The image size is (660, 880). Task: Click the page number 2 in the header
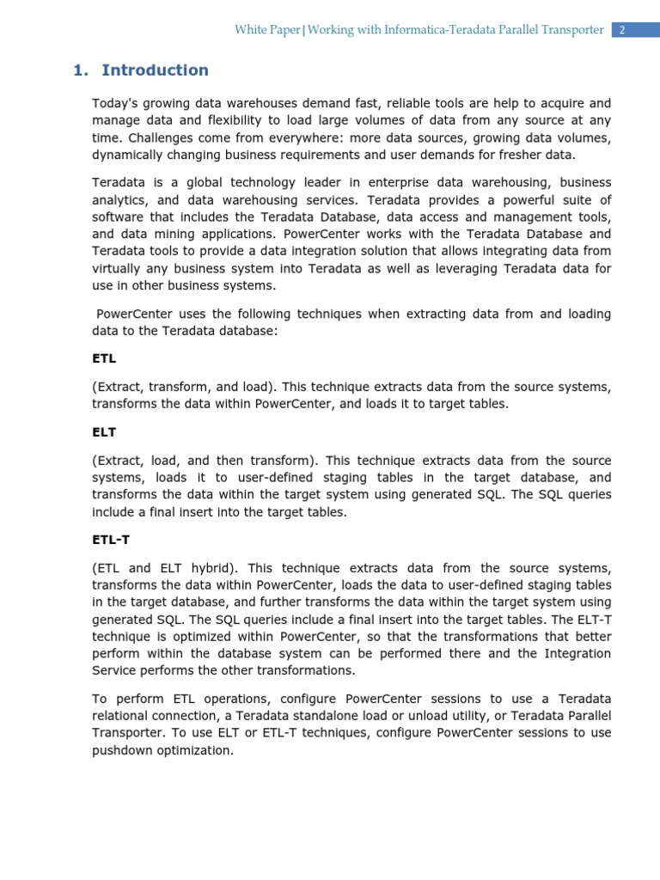[x=622, y=30]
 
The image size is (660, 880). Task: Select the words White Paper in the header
[x=267, y=30]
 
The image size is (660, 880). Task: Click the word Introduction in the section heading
[x=155, y=70]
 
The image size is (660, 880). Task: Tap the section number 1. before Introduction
[x=82, y=70]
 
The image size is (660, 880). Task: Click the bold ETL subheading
[x=104, y=357]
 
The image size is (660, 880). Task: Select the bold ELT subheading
[x=104, y=433]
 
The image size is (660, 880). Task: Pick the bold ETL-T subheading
[x=111, y=540]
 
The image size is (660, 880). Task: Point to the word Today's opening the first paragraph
[x=115, y=103]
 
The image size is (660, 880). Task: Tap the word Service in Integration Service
[x=115, y=670]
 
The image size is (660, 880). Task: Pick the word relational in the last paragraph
[x=122, y=716]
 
